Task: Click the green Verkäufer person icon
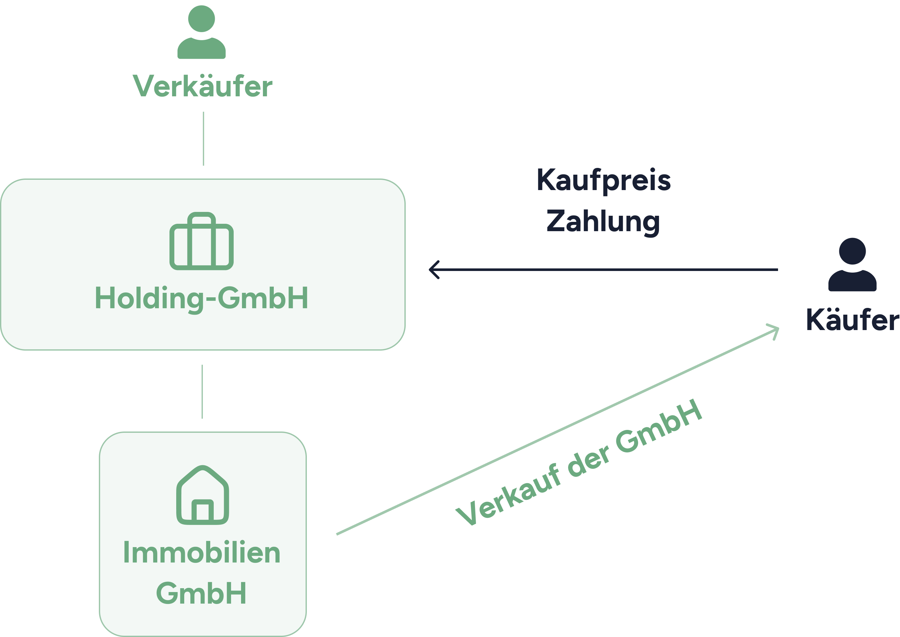coord(201,33)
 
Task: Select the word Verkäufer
coord(202,86)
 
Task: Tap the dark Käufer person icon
coord(852,266)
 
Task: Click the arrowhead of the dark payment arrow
coord(433,269)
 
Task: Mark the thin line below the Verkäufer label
coord(203,138)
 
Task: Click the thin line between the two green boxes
coord(202,391)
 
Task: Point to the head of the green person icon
coord(201,18)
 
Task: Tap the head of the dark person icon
coord(852,251)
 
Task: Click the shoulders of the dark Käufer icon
coord(852,282)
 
